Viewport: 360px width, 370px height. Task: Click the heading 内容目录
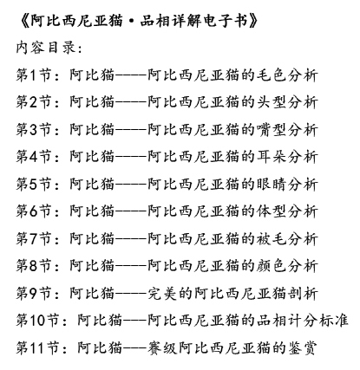click(46, 48)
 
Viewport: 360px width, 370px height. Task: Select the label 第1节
click(34, 75)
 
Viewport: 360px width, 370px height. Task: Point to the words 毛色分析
click(287, 75)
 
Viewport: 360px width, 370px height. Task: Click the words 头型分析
click(287, 102)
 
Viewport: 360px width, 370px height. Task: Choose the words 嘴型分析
click(287, 129)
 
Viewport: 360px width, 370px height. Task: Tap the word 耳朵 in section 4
click(272, 157)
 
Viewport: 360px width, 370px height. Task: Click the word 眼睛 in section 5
click(272, 184)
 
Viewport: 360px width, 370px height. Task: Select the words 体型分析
click(287, 211)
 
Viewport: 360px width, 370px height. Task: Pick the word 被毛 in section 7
click(272, 238)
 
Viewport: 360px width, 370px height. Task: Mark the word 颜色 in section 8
click(272, 265)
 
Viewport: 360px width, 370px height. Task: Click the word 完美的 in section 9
click(170, 293)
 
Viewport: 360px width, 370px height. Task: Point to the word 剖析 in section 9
click(303, 293)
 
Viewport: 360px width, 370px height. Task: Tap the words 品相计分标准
click(303, 320)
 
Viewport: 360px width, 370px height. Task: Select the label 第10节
click(38, 320)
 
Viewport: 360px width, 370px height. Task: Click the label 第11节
click(38, 347)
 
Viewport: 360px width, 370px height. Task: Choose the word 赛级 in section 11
click(162, 347)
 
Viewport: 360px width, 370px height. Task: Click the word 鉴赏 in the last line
click(303, 347)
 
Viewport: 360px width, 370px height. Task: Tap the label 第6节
click(34, 211)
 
